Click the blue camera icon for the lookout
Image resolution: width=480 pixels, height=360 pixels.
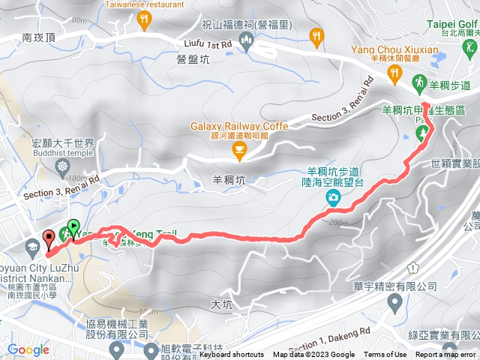click(x=332, y=197)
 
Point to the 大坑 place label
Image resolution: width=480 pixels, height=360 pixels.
click(x=222, y=304)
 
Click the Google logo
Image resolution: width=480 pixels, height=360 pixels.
click(x=28, y=349)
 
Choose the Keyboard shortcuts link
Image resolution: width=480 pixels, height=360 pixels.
click(x=232, y=355)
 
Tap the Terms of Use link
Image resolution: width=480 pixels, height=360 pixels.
click(x=385, y=355)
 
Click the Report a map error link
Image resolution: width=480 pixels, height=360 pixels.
click(x=445, y=355)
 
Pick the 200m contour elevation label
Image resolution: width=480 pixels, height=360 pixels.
click(x=340, y=222)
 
